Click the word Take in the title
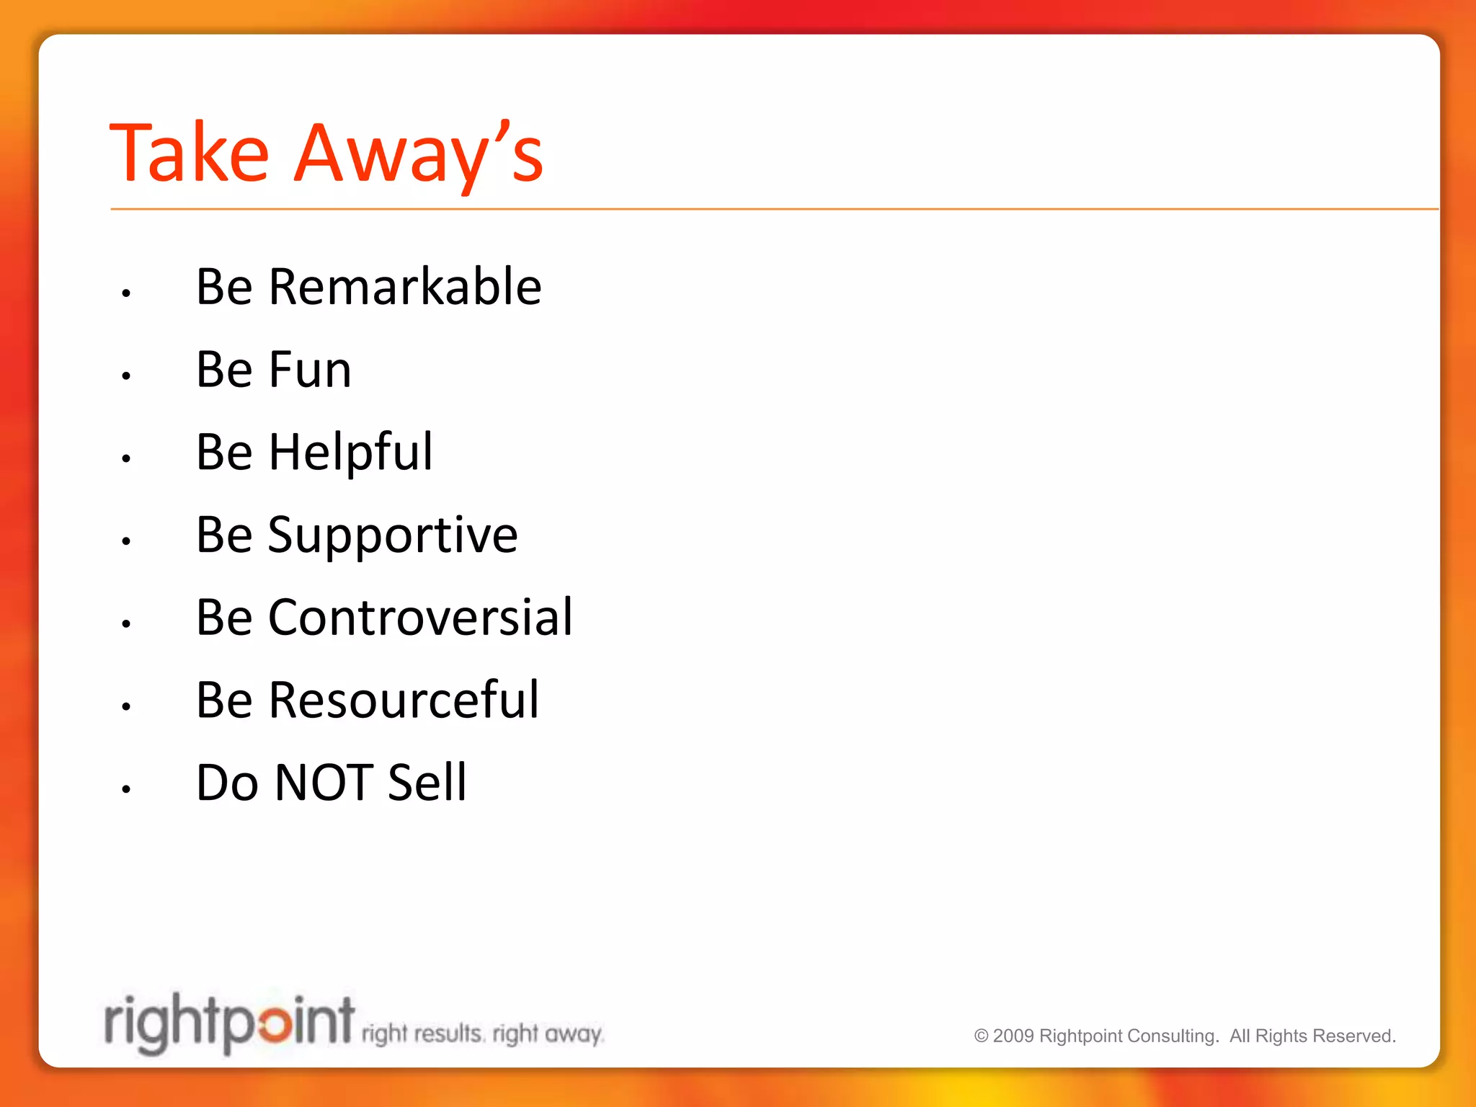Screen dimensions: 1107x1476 pyautogui.click(x=190, y=153)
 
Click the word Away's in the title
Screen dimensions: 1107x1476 pyautogui.click(x=419, y=153)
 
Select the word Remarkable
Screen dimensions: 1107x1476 pyautogui.click(x=404, y=287)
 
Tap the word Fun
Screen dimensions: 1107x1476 pyautogui.click(x=310, y=370)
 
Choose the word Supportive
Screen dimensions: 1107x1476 pyautogui.click(x=393, y=535)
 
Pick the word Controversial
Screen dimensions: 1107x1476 pyautogui.click(x=420, y=618)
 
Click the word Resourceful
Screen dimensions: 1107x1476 pyautogui.click(x=404, y=701)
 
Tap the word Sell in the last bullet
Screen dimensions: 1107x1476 pyautogui.click(x=427, y=783)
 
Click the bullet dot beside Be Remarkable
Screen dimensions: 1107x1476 pyautogui.click(x=126, y=293)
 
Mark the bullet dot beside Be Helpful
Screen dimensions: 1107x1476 pyautogui.click(x=126, y=458)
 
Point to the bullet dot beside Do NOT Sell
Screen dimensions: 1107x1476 pyautogui.click(x=126, y=789)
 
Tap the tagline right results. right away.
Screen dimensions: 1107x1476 pyautogui.click(x=482, y=1034)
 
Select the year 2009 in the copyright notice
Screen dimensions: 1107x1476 pyautogui.click(x=1013, y=1036)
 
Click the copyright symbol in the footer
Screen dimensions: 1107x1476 pyautogui.click(x=981, y=1036)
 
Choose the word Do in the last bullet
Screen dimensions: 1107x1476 pyautogui.click(x=227, y=783)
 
